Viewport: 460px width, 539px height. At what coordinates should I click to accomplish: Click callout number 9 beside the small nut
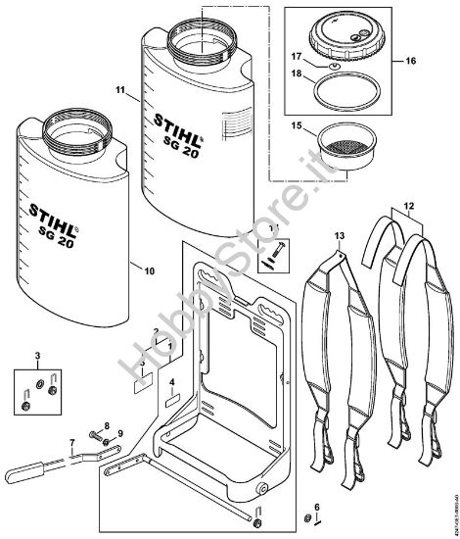click(120, 433)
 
